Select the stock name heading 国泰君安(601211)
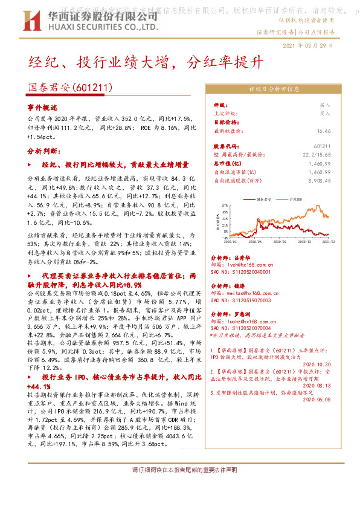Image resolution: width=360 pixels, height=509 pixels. pyautogui.click(x=71, y=88)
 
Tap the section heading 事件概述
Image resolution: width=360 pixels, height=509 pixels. pyautogui.click(x=42, y=106)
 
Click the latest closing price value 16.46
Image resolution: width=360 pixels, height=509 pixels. pyautogui.click(x=324, y=130)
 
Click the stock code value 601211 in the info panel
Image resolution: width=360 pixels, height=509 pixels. pyautogui.click(x=323, y=147)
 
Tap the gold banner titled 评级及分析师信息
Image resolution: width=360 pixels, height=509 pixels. pyautogui.click(x=274, y=88)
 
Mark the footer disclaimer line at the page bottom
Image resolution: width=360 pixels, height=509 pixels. pyautogui.click(x=184, y=469)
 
